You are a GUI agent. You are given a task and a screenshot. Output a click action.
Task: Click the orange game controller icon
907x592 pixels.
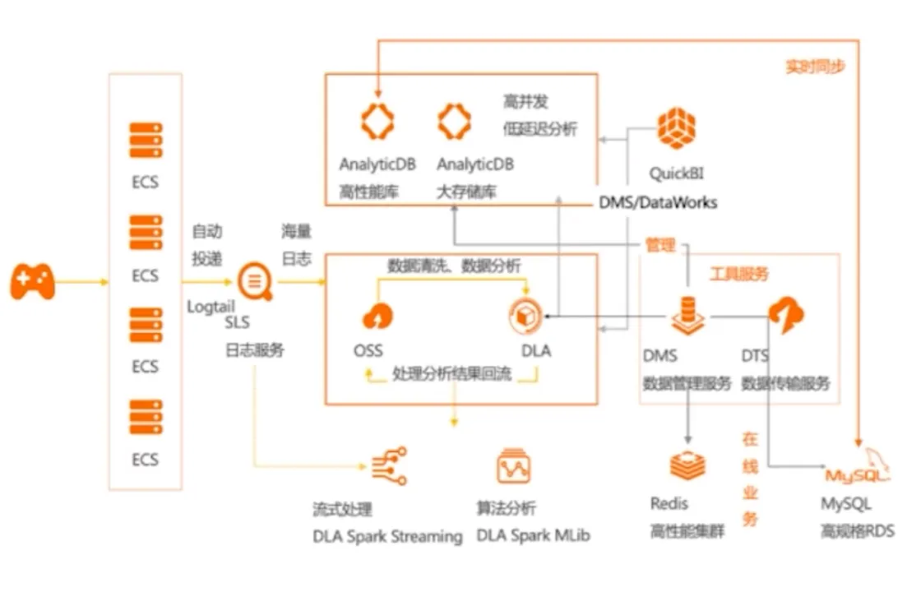32,282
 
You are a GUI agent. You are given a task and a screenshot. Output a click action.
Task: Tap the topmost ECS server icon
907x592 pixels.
146,140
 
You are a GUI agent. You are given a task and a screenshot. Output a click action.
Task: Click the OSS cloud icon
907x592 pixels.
377,315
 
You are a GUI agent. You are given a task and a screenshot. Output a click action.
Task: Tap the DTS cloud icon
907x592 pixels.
785,315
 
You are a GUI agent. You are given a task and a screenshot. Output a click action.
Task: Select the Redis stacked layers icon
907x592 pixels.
687,465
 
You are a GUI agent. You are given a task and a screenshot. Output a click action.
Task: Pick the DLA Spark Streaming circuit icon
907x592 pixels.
389,467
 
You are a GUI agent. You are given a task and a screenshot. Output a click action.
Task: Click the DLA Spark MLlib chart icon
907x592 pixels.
513,466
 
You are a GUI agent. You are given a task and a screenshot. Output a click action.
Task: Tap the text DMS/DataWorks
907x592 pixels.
657,201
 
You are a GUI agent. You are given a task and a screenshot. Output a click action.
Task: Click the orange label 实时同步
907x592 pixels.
815,67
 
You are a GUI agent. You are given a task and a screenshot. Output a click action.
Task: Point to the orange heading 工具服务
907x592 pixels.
739,274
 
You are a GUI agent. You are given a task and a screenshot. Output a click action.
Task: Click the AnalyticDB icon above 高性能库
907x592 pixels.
377,121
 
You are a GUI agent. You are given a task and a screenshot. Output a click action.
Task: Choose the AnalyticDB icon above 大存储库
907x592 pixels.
454,121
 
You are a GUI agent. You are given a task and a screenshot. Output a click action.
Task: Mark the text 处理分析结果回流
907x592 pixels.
451,374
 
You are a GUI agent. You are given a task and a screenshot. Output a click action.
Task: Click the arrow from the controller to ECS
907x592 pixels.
82,282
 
